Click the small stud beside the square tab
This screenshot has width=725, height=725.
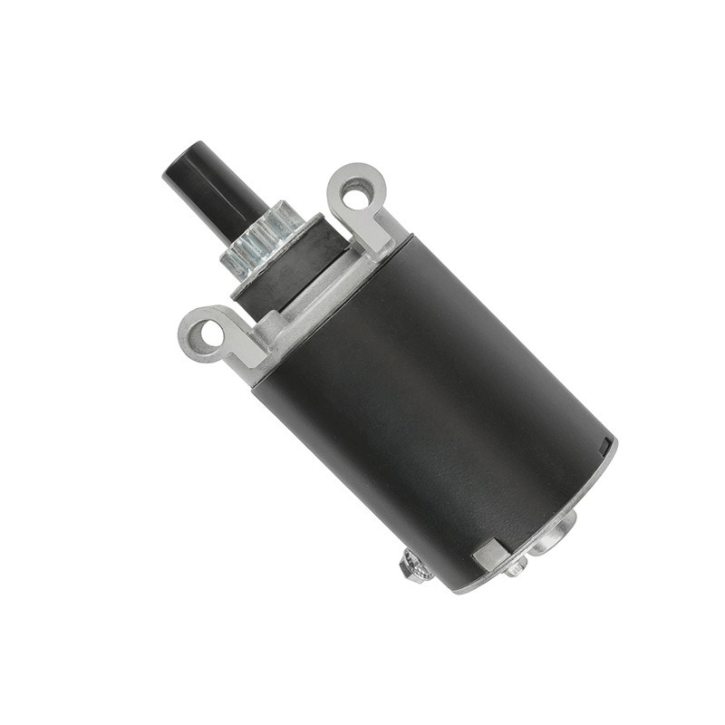516,566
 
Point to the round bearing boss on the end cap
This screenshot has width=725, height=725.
555,533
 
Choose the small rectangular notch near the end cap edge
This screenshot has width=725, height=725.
604,447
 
